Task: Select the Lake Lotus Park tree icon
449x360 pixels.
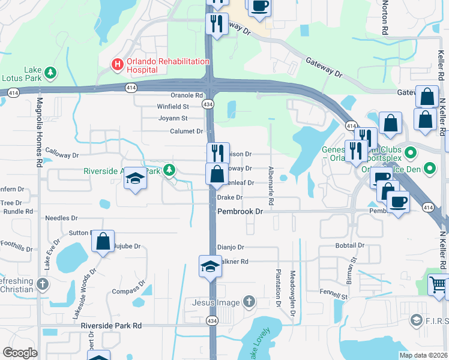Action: [x=51, y=73]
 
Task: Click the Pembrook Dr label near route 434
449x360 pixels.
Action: [x=240, y=212]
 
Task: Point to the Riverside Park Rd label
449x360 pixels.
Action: [x=111, y=326]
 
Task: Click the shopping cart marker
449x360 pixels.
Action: [x=438, y=284]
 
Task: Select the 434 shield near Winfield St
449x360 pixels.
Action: [x=208, y=104]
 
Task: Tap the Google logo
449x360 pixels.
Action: [x=20, y=353]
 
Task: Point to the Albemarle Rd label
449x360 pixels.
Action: [x=271, y=187]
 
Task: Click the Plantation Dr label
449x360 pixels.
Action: [x=279, y=284]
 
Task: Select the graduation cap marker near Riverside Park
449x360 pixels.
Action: [x=136, y=179]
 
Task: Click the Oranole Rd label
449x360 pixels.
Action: [x=187, y=95]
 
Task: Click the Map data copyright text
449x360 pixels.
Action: [x=423, y=355]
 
